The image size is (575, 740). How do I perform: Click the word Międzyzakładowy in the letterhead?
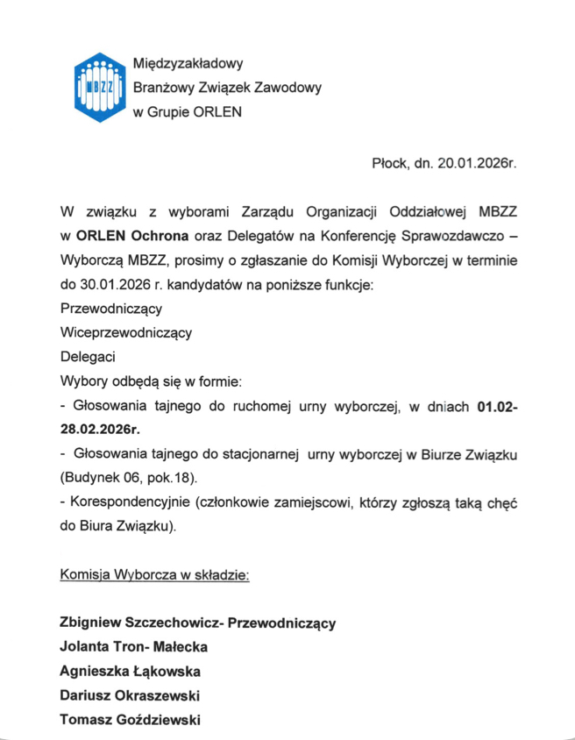click(187, 63)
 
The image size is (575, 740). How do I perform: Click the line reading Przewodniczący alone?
click(110, 309)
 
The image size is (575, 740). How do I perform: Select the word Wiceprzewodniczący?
click(125, 333)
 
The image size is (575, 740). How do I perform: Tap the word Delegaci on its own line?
click(88, 357)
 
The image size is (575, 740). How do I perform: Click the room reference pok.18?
click(168, 479)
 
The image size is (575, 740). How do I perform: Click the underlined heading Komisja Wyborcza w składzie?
click(154, 576)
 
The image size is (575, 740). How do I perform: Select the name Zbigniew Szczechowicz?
click(139, 623)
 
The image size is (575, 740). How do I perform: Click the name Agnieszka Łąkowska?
click(130, 672)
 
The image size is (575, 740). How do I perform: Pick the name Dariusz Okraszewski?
click(129, 696)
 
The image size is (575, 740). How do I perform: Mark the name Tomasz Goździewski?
click(130, 720)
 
